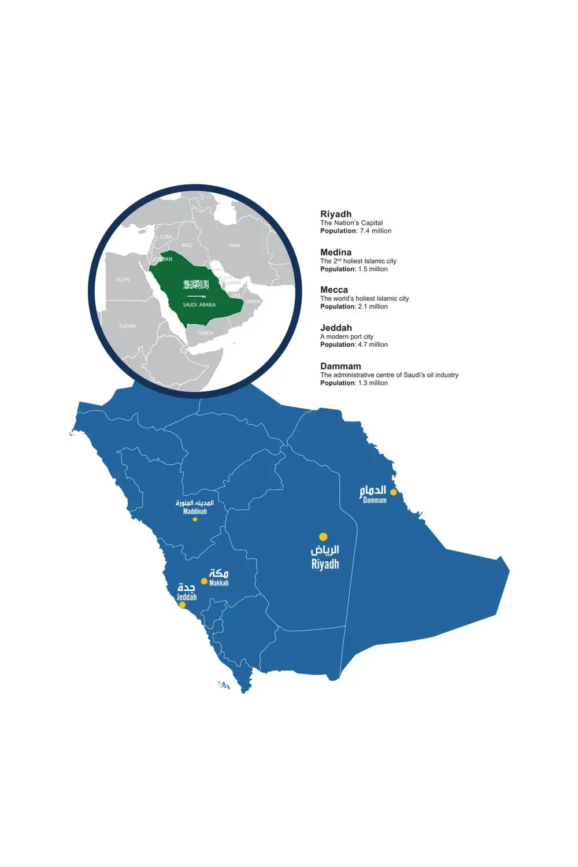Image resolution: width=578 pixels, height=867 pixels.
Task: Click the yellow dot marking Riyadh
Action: (323, 537)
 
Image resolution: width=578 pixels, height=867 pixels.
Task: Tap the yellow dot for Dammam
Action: (394, 492)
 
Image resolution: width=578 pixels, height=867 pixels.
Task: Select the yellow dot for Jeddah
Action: (183, 605)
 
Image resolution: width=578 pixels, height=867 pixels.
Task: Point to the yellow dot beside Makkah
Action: (204, 581)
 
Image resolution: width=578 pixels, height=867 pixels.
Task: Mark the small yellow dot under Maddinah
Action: (195, 519)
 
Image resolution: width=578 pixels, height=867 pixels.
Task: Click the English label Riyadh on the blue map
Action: (325, 564)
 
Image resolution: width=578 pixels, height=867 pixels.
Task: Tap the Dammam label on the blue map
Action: (375, 501)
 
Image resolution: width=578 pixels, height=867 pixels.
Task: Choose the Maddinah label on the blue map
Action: (195, 511)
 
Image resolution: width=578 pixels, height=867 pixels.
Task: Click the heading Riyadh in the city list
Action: (336, 214)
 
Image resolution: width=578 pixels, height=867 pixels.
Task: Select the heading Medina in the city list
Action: (336, 252)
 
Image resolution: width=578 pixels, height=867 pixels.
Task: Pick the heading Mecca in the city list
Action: (334, 290)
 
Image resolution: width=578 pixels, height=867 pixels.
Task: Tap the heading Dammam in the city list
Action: (340, 366)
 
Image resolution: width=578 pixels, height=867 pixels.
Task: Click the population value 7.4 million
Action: (375, 231)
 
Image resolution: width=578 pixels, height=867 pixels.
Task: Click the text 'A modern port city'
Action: (347, 336)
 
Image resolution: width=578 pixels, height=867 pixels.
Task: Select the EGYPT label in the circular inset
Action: (123, 280)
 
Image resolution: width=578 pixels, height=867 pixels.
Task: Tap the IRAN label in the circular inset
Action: (234, 246)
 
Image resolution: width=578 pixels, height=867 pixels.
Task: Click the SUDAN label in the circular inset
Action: (127, 326)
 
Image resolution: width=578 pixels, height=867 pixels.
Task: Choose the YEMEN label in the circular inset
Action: (205, 333)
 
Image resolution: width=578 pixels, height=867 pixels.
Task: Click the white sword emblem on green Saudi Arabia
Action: (195, 296)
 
